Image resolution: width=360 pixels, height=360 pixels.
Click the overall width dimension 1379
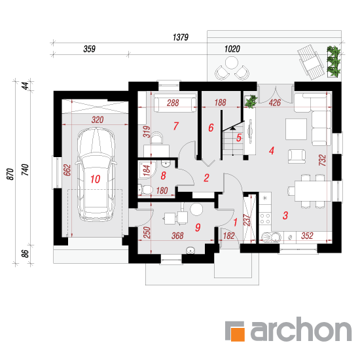click(181, 37)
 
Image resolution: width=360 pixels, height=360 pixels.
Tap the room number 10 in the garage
click(96, 179)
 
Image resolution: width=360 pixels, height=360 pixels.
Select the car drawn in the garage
click(96, 175)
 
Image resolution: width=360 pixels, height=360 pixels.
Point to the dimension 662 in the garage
click(67, 170)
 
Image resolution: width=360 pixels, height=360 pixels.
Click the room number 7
click(176, 126)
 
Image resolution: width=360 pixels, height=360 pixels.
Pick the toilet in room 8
click(145, 190)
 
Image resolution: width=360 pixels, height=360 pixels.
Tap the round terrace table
click(232, 63)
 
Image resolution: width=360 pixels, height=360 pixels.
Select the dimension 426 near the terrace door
click(275, 102)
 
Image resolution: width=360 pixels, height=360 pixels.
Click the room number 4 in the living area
click(272, 151)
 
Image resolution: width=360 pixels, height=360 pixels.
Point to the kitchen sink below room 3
click(271, 237)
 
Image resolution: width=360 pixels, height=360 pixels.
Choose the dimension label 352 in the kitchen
click(307, 236)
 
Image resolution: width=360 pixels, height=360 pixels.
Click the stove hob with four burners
click(265, 219)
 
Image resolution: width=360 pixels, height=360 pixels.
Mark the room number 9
click(198, 227)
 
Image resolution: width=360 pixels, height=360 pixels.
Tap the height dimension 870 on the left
click(10, 174)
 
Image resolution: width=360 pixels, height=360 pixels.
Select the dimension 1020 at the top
click(232, 49)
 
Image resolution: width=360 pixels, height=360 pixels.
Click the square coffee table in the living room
click(296, 129)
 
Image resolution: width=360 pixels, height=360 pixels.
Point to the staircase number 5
click(239, 137)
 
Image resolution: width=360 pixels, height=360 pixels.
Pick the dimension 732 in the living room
click(322, 160)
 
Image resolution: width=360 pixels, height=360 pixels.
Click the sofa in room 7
click(175, 105)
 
